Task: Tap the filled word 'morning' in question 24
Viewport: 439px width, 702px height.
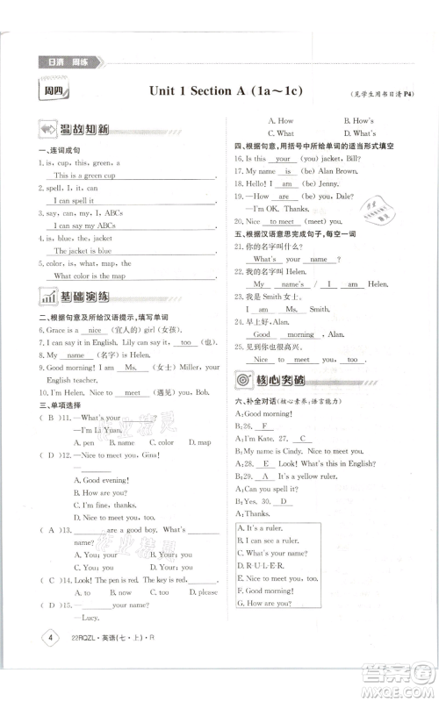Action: coord(300,334)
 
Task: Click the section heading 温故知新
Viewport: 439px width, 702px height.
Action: coord(85,130)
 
